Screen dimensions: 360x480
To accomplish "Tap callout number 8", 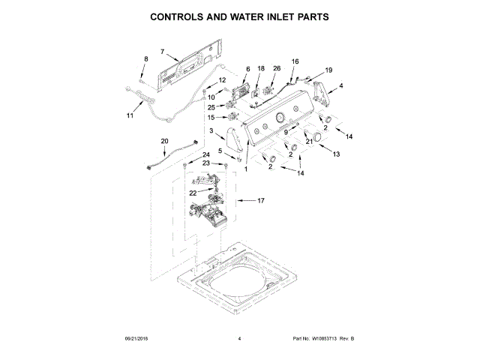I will (146, 59).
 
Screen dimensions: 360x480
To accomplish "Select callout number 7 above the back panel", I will (162, 52).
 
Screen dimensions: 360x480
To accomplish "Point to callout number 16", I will (295, 61).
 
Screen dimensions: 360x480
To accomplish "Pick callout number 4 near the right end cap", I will (341, 86).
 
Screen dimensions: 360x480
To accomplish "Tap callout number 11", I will (130, 115).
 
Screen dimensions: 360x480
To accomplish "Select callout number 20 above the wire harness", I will (165, 141).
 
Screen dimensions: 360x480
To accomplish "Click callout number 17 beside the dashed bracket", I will (261, 201).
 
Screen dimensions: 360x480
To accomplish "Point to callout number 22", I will (193, 193).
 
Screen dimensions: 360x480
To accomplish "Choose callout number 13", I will (336, 154).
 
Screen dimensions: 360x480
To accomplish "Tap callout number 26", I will (276, 69).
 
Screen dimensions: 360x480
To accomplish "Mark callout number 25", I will (211, 107).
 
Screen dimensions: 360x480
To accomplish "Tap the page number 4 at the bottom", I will (239, 339).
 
